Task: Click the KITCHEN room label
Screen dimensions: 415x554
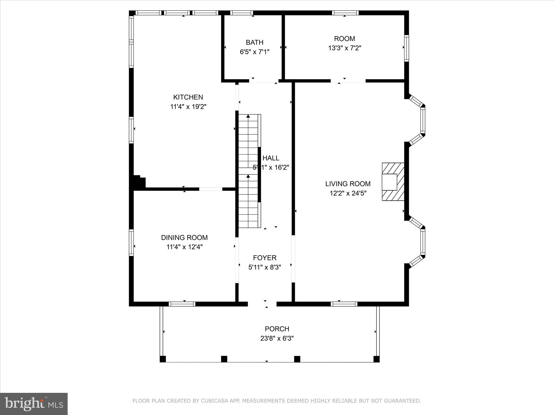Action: pos(188,97)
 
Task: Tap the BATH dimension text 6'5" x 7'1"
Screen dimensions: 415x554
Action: pos(255,52)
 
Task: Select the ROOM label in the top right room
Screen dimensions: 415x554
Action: pos(344,39)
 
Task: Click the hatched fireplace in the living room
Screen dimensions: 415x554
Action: pos(393,182)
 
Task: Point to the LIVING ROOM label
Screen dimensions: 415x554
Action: pos(348,184)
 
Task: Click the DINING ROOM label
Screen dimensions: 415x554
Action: pos(184,237)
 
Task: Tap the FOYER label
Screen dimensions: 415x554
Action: pos(265,258)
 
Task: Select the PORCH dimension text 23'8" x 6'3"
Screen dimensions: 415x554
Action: pos(277,338)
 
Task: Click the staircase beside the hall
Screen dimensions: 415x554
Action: pos(248,171)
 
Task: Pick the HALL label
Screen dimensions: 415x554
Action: pos(271,158)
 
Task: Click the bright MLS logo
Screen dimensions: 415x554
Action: pos(34,404)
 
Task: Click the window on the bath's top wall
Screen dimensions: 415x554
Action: pos(242,13)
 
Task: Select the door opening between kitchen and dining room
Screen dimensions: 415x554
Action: pos(211,189)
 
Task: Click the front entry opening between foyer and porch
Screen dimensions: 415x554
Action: pos(262,304)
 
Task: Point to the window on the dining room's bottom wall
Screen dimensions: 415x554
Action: pos(182,304)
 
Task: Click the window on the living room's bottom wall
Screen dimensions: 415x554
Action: pos(344,304)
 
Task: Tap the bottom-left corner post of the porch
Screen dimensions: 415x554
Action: pos(163,359)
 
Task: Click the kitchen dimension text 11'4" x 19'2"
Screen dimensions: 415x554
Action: pos(188,107)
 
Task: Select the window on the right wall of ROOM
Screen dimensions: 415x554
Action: pos(406,48)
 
